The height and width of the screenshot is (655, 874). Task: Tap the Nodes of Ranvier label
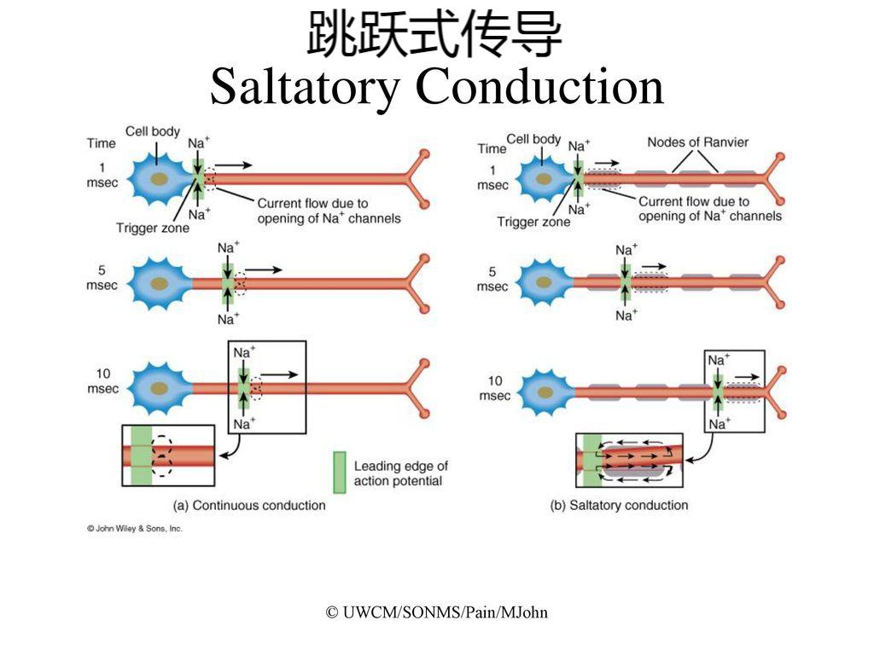[697, 142]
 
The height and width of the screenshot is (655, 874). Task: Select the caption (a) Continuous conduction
[249, 505]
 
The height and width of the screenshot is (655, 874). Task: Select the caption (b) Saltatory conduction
[619, 505]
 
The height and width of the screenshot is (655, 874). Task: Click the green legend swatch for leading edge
[340, 472]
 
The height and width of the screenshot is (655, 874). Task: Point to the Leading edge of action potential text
[400, 473]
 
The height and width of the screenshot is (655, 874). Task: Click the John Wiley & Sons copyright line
[135, 529]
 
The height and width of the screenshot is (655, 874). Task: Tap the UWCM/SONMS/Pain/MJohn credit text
[437, 612]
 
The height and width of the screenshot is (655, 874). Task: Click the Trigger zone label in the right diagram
[533, 222]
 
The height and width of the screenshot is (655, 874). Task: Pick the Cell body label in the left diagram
[153, 131]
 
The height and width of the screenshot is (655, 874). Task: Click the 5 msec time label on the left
[101, 278]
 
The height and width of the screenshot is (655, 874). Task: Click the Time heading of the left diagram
[101, 143]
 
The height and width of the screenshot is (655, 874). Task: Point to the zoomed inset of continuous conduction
[168, 455]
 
